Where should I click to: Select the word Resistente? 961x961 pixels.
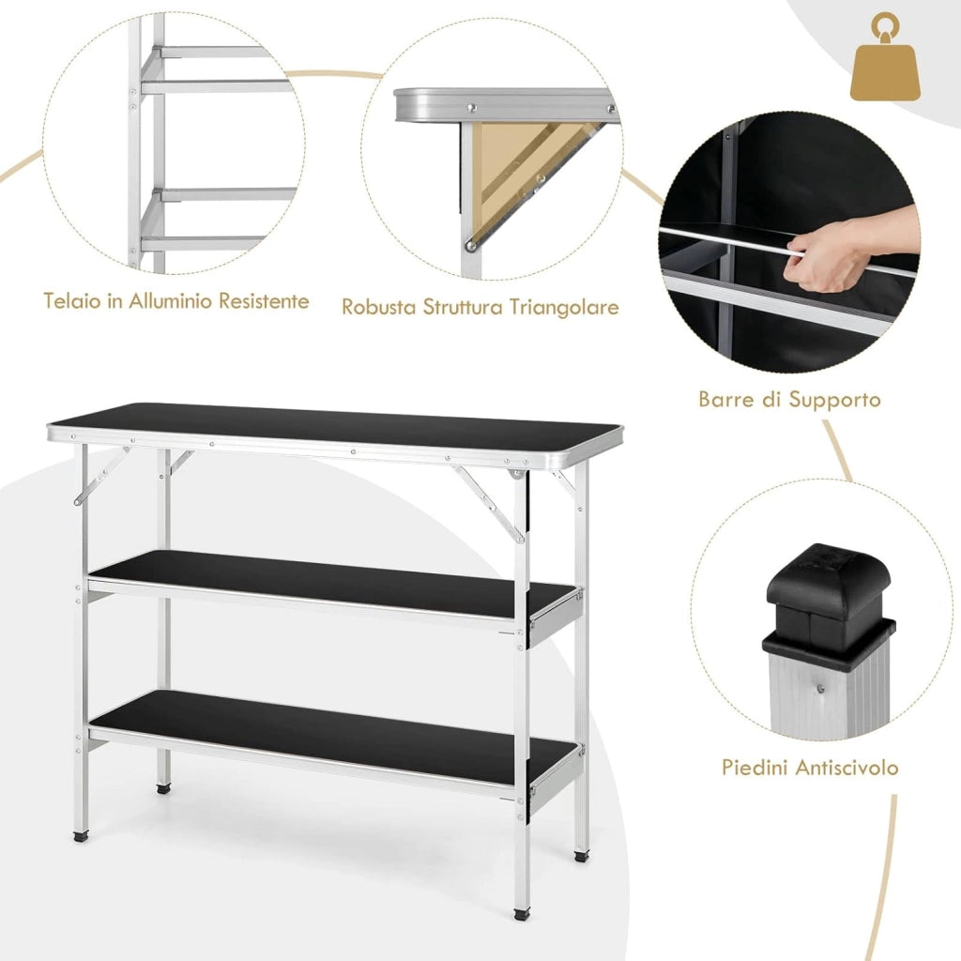264,301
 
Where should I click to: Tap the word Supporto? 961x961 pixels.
834,401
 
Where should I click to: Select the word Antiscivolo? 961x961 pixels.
850,768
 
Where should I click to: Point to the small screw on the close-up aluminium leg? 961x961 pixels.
820,689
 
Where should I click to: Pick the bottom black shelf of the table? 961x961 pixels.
333,736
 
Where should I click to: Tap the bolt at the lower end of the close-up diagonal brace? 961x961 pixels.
471,247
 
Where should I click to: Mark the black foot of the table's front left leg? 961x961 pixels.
81,834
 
